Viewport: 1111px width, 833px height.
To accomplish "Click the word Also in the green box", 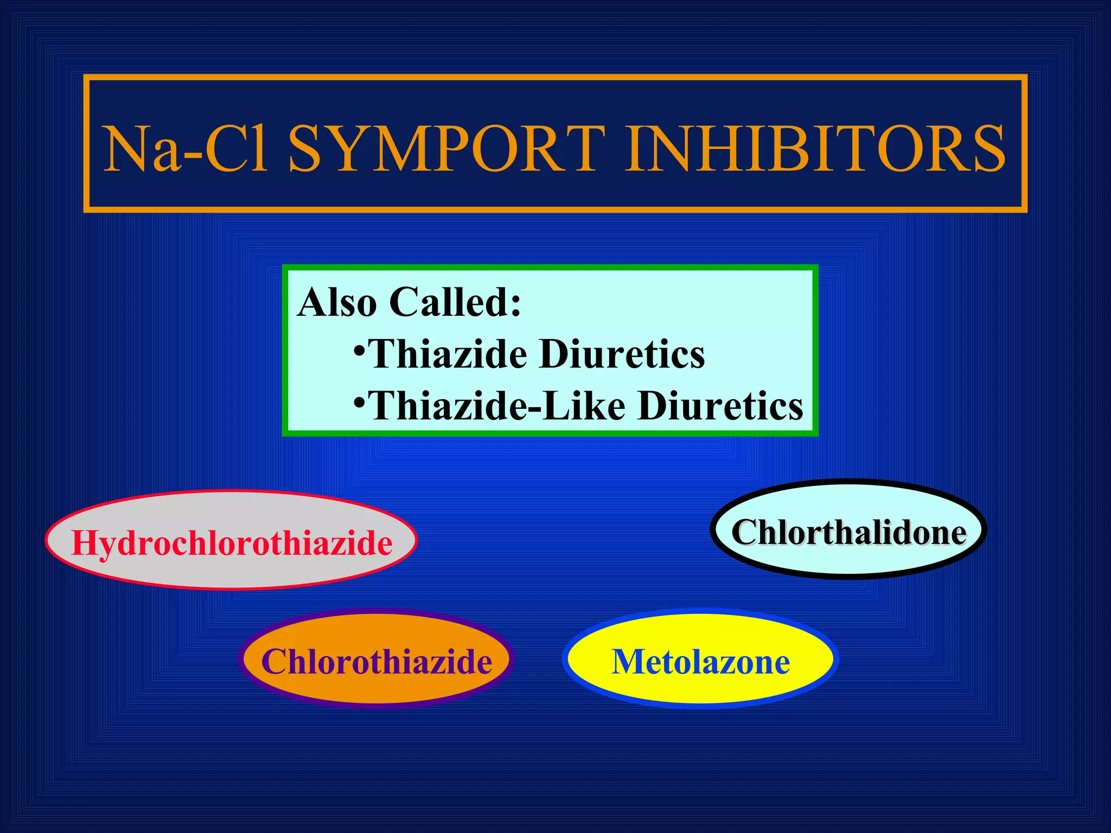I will pos(337,302).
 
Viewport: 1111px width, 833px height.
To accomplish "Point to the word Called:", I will pos(455,302).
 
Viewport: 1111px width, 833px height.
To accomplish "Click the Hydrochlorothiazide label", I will pos(232,543).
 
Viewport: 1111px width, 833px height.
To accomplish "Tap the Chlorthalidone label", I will pos(848,532).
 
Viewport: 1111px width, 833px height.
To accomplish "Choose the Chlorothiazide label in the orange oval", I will pos(376,662).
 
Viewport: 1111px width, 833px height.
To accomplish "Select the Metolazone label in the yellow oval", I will pos(700,662).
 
